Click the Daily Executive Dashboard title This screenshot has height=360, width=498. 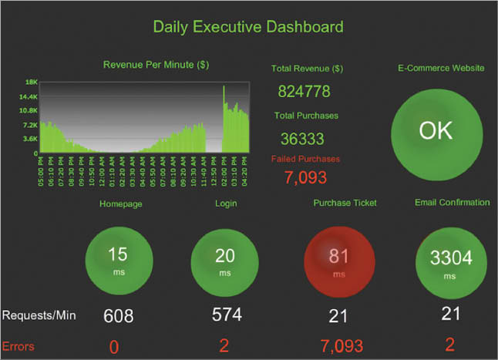(x=247, y=27)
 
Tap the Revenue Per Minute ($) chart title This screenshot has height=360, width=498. (x=156, y=65)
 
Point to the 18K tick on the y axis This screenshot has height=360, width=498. (x=32, y=82)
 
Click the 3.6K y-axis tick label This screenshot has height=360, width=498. (x=31, y=139)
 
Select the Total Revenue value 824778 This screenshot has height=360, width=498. (x=304, y=92)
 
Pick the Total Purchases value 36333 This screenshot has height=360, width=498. (x=302, y=140)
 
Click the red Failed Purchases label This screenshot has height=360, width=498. (x=306, y=159)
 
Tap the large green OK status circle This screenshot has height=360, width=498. (x=436, y=131)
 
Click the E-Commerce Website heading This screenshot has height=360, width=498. (x=441, y=68)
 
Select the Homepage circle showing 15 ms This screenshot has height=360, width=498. (x=118, y=258)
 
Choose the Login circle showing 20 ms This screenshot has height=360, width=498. (x=224, y=258)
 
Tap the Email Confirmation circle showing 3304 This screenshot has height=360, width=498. (x=451, y=261)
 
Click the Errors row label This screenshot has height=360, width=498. (x=19, y=346)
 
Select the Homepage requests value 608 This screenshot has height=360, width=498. (x=119, y=316)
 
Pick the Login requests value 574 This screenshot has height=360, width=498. (x=227, y=315)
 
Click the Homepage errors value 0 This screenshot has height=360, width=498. (x=114, y=347)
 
